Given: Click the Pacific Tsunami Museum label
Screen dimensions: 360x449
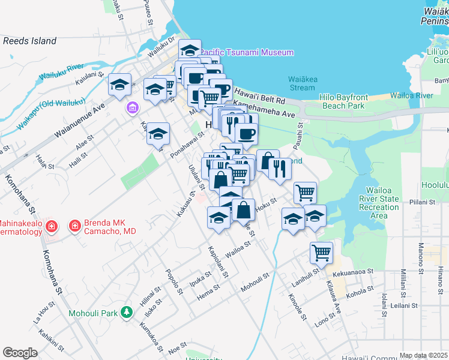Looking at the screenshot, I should point(247,52).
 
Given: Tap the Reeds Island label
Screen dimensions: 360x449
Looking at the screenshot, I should point(29,41).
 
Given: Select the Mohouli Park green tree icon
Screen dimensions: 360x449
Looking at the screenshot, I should point(126,312).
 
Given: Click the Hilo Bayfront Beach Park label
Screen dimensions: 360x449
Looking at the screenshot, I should point(343,101).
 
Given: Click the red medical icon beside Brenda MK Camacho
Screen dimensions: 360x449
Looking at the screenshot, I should point(75,226).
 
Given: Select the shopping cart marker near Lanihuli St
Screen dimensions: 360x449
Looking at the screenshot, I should point(321,253).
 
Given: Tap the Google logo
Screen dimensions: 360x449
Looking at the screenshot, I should point(20,352).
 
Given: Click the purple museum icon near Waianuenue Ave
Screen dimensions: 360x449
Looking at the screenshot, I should point(132,109).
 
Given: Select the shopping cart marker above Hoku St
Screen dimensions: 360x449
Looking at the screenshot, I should point(305,193).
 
